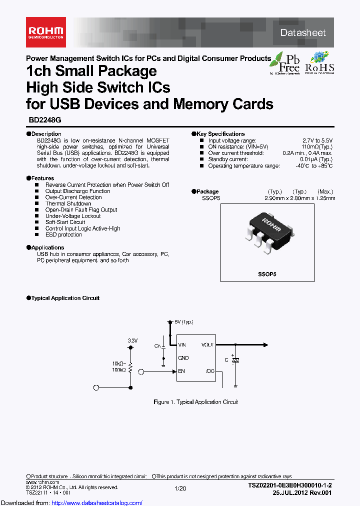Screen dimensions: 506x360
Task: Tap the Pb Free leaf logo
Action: click(285, 62)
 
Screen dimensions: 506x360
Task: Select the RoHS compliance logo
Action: click(319, 62)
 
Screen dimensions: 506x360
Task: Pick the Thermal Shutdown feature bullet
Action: click(68, 203)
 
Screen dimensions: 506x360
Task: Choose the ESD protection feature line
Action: click(63, 234)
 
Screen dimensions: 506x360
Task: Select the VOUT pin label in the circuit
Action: click(207, 345)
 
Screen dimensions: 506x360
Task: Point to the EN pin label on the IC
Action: click(181, 371)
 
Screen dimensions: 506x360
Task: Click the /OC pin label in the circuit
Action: click(209, 371)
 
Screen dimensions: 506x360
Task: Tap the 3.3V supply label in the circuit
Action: click(132, 340)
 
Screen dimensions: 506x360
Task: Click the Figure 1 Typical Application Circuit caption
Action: click(195, 402)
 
